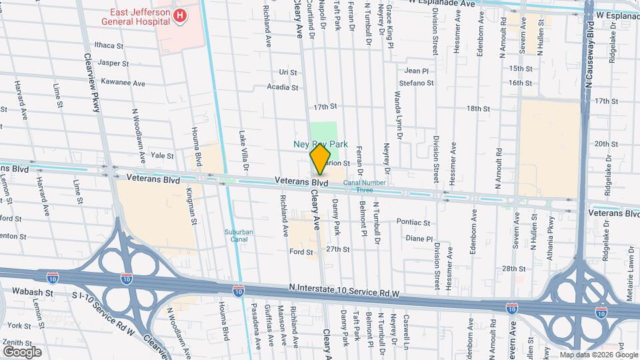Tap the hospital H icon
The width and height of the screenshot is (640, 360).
pos(179,15)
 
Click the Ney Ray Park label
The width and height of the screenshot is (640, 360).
pos(321,144)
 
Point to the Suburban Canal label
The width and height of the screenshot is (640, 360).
pos(239,237)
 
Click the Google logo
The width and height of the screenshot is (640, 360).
pos(21,352)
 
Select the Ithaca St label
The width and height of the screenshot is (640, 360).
pos(110,45)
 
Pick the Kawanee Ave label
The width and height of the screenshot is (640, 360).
pos(121,83)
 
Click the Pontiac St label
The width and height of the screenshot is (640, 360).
pos(414,222)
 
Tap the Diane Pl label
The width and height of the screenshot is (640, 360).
pos(419,238)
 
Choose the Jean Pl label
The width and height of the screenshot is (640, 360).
pos(417,70)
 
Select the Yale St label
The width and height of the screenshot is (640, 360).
pos(162,155)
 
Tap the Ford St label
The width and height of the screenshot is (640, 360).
pos(301,252)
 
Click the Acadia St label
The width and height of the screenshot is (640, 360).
pos(282,87)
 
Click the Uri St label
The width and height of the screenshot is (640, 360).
pos(287,72)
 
